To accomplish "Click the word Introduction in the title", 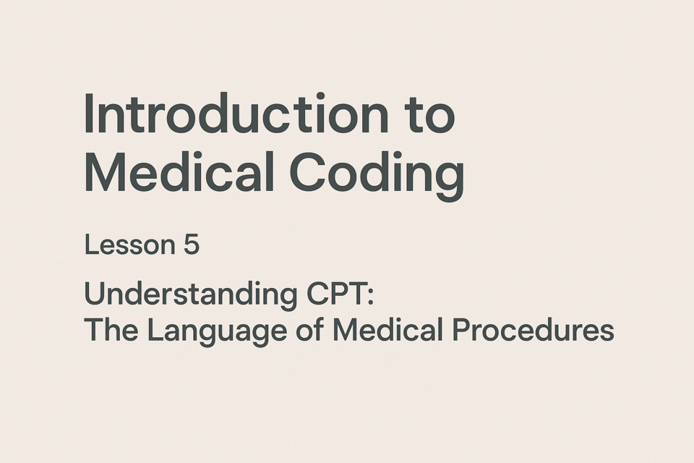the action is [x=236, y=113].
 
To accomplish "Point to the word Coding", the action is [x=377, y=174].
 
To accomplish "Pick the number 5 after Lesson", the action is [x=191, y=245].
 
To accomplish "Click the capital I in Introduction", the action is [x=88, y=113].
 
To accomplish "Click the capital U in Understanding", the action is [x=94, y=294].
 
